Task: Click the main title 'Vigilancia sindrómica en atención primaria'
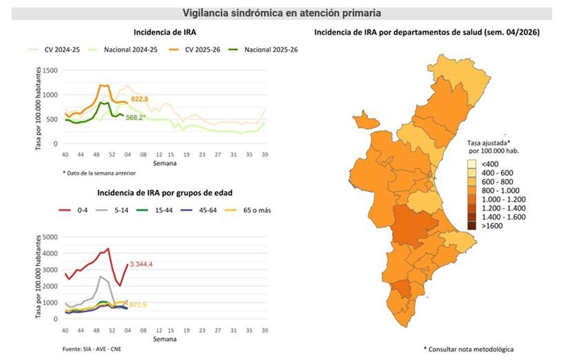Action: pos(282,13)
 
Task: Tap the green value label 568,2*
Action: pos(136,117)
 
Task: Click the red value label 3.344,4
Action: pos(143,265)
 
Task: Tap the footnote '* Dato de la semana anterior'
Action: pos(99,173)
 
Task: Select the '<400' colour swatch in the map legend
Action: pos(471,164)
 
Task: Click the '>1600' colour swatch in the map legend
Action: pos(471,226)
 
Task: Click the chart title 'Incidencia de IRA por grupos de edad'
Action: pos(165,193)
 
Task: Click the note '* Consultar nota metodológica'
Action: pos(468,349)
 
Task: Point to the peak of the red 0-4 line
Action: pos(108,249)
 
